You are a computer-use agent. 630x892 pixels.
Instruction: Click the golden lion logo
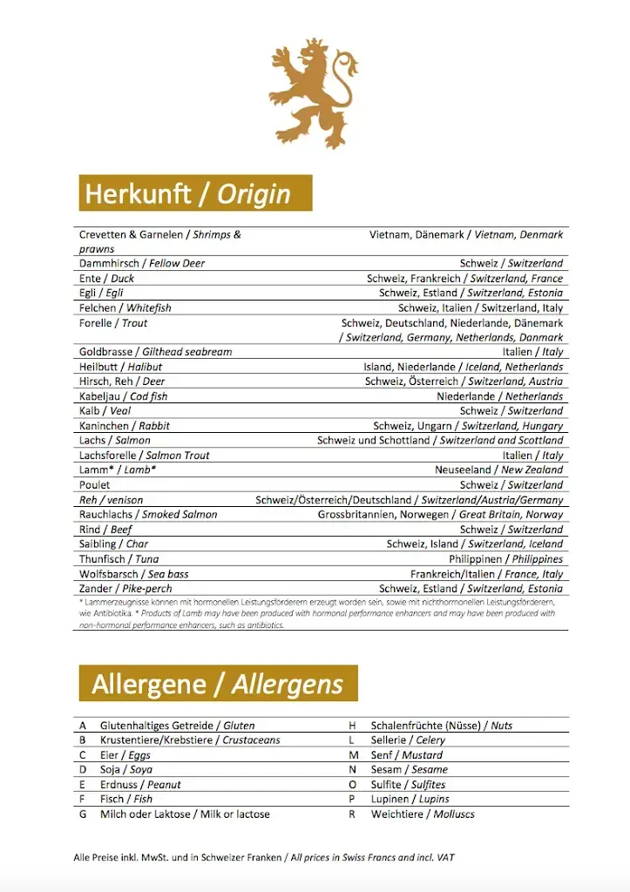[x=314, y=91]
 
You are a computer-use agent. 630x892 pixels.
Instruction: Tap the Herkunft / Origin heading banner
[x=195, y=193]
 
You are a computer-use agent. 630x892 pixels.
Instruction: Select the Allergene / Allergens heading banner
[x=218, y=684]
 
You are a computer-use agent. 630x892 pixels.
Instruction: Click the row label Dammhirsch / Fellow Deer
[x=142, y=263]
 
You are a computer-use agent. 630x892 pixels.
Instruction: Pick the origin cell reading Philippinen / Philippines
[x=505, y=559]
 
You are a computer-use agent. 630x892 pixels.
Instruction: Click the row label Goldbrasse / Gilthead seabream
[x=155, y=352]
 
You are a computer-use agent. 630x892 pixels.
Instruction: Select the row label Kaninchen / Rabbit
[x=125, y=426]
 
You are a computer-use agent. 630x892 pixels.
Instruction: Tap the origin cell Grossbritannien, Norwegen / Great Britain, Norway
[x=440, y=515]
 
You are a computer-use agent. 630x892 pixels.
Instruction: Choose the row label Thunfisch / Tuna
[x=119, y=559]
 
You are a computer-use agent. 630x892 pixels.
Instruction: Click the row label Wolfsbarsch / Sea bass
[x=133, y=574]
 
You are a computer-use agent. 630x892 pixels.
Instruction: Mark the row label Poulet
[x=95, y=485]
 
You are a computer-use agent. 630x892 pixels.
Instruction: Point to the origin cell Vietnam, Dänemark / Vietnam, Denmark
[x=465, y=234]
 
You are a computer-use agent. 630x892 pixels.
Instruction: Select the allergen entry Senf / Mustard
[x=406, y=755]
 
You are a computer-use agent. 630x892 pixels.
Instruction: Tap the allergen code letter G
[x=83, y=814]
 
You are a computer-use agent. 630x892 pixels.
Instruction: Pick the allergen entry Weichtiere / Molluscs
[x=423, y=814]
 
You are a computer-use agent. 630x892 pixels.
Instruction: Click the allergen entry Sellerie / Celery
[x=408, y=740]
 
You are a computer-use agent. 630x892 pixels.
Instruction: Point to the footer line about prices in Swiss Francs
[x=264, y=858]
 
